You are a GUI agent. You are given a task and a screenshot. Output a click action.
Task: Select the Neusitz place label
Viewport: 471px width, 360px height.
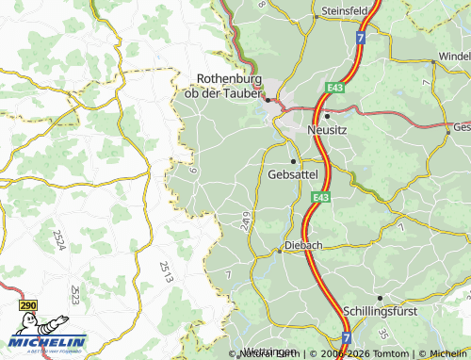(328, 133)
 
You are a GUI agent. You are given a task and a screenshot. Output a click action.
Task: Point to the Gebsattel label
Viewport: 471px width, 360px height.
(293, 174)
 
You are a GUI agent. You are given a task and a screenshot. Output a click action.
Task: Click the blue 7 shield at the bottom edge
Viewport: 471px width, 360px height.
(347, 336)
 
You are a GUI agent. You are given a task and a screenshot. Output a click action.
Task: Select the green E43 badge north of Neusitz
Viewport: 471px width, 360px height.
(335, 88)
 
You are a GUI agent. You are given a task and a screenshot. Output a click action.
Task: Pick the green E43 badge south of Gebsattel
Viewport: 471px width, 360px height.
(321, 197)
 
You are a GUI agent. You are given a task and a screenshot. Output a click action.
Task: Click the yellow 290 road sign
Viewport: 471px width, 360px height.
(27, 306)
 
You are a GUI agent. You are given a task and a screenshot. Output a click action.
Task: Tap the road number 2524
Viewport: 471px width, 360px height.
(58, 239)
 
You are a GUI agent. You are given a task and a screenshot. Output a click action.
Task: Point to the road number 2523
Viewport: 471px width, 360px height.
(73, 296)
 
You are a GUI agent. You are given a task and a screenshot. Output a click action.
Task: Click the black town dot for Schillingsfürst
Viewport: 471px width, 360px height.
(379, 298)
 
